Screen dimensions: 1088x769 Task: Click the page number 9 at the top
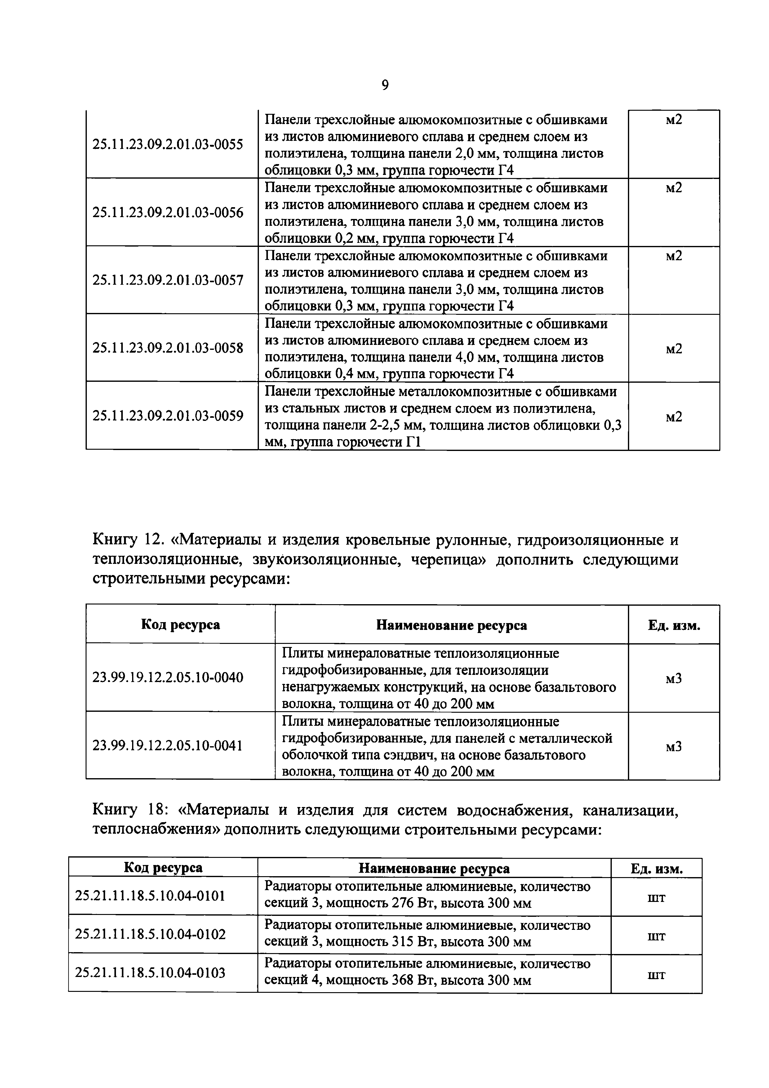click(385, 85)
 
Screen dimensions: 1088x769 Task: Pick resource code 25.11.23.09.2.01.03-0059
click(168, 416)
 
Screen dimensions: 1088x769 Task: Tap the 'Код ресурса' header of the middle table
click(180, 625)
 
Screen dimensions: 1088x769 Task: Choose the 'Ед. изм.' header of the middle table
click(674, 625)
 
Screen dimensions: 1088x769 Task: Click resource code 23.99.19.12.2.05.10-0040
click(168, 678)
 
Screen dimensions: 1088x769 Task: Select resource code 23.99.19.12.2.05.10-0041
click(168, 746)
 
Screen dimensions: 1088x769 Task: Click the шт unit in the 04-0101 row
click(656, 897)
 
